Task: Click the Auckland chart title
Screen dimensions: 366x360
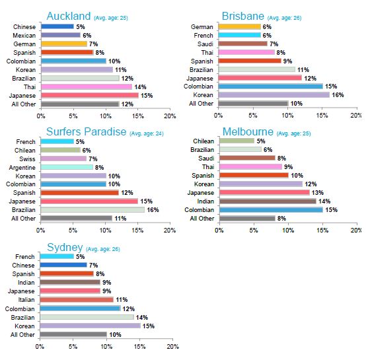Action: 69,17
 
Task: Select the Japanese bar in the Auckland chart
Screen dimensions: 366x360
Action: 90,95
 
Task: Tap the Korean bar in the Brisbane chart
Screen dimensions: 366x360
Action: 274,95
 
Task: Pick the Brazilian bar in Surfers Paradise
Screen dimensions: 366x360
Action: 92,210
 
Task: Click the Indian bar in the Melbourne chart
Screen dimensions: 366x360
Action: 268,201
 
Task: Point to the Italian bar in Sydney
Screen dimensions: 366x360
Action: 77,300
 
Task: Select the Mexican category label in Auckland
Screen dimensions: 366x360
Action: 24,36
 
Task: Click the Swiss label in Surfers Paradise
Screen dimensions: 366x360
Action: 27,159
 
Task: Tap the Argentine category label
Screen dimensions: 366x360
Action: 22,168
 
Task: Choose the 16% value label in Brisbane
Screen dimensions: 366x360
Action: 338,95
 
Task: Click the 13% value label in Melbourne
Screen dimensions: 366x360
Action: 318,193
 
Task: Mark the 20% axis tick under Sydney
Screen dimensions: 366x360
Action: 172,347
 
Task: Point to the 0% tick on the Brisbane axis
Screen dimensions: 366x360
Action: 218,115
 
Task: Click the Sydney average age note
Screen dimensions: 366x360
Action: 103,249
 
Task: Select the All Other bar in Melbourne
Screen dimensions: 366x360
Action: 247,219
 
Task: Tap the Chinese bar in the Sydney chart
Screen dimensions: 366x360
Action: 63,265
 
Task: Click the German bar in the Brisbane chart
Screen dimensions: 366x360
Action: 240,27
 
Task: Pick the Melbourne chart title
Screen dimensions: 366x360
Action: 248,132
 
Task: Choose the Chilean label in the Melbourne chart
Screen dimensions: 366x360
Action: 203,141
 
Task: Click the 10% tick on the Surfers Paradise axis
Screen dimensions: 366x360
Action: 105,231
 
